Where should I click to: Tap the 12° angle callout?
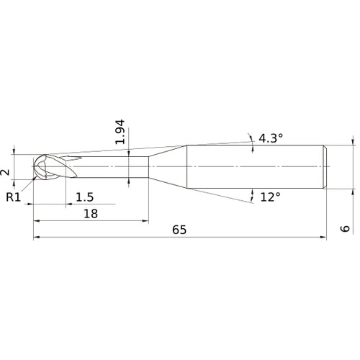point(269,196)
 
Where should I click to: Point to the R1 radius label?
point(13,197)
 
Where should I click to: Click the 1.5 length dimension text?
point(84,197)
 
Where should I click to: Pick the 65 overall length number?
point(180,230)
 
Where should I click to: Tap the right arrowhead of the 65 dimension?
point(324,237)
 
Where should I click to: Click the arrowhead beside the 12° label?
point(253,192)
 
